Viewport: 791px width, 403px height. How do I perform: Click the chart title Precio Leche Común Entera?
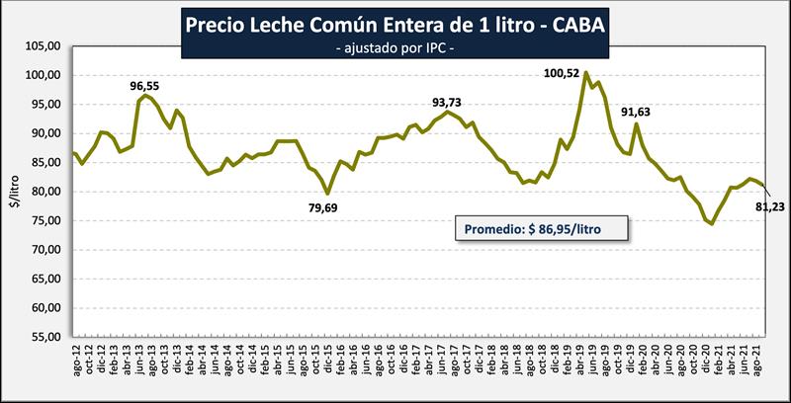(x=396, y=22)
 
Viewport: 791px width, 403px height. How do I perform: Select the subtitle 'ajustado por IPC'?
(x=395, y=46)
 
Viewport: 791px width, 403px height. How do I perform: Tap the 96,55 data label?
(x=146, y=86)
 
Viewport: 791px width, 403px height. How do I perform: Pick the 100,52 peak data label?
(x=564, y=72)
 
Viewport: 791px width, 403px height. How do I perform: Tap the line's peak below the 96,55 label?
(x=146, y=95)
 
